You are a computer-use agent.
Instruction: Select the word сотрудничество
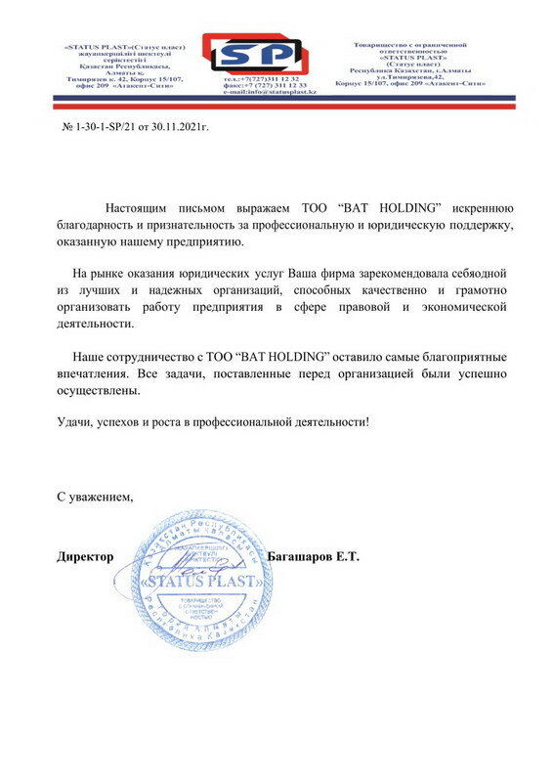click(x=149, y=356)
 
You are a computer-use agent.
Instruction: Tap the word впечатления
click(x=93, y=372)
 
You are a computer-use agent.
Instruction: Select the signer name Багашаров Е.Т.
click(x=314, y=557)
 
